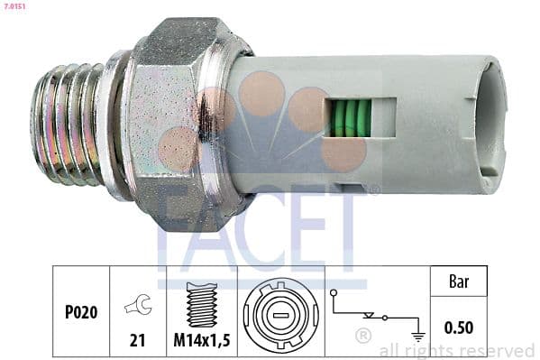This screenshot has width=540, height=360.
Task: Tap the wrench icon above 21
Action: coord(138,305)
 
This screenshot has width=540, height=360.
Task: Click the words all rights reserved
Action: coord(457,350)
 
